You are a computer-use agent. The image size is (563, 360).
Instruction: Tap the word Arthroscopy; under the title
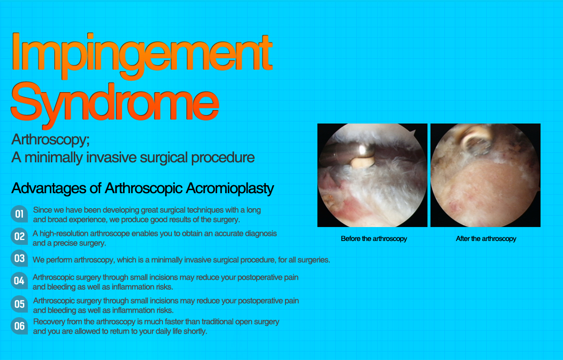[x=50, y=138]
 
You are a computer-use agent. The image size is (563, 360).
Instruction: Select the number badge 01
[x=19, y=215]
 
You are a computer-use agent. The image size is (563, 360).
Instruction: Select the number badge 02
[x=19, y=237]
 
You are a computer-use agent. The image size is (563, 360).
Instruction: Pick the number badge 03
[x=19, y=258]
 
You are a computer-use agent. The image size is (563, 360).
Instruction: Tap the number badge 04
[x=19, y=281]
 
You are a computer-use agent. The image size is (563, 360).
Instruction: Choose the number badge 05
[x=19, y=304]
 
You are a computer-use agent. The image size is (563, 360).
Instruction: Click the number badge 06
[x=19, y=326]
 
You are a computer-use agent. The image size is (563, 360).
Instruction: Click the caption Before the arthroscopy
[x=374, y=239]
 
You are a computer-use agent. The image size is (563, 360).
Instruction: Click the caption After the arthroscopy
[x=486, y=239]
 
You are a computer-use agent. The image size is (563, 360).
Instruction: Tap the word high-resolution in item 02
[x=64, y=233]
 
